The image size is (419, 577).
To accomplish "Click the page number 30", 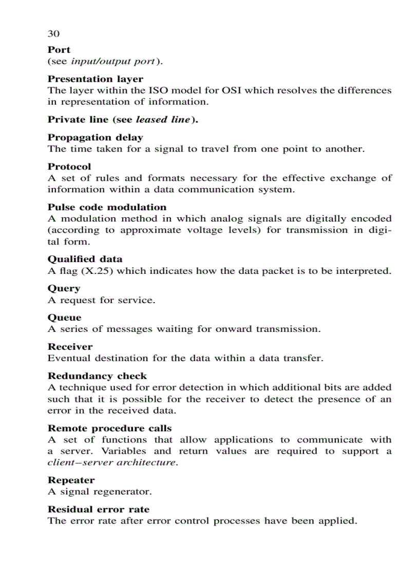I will [x=53, y=34].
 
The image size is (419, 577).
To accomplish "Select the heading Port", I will [x=59, y=50].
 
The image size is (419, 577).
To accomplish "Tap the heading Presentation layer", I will [x=96, y=79].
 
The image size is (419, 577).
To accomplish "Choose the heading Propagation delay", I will [x=96, y=138].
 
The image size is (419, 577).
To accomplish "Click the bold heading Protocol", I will [x=69, y=167].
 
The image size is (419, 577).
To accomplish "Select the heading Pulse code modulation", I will [x=107, y=208].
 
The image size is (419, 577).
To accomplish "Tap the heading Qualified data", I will [x=85, y=259].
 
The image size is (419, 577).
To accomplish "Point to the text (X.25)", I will [x=97, y=271].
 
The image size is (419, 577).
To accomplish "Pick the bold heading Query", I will [x=64, y=289].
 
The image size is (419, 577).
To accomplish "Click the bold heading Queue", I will [x=64, y=318].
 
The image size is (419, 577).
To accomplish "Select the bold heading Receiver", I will [x=70, y=347].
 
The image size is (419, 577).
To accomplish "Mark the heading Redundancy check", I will [x=97, y=376].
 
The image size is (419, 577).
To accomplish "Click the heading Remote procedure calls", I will [x=109, y=429].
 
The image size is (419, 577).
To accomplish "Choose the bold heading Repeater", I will [x=71, y=480].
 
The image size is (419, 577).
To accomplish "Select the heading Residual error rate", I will [x=99, y=510].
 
